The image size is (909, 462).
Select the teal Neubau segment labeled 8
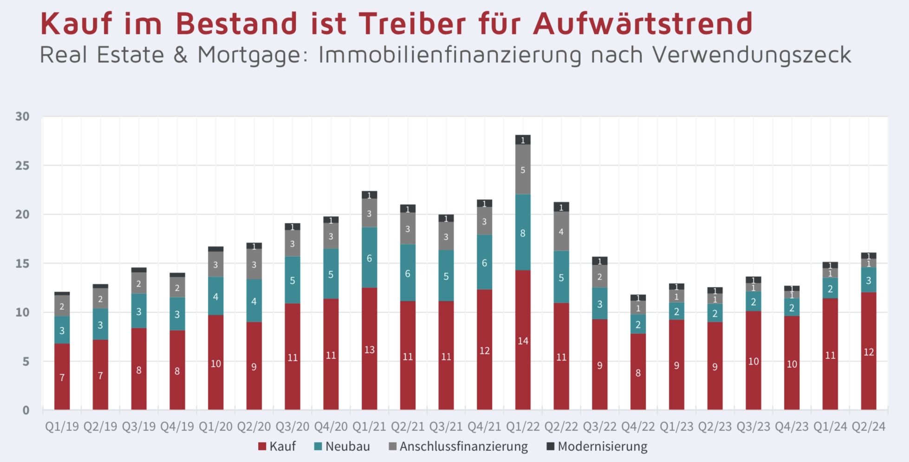(x=523, y=233)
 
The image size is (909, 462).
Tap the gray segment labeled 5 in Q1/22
(x=523, y=169)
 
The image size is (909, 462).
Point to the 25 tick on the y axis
(x=22, y=166)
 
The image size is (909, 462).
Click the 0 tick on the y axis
(x=26, y=410)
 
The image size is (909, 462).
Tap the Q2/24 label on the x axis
(x=868, y=427)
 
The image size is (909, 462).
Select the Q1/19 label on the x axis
(x=62, y=427)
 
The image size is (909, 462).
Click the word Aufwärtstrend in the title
(x=643, y=23)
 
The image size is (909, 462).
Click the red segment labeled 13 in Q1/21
(x=369, y=349)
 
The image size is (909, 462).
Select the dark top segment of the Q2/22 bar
(x=561, y=207)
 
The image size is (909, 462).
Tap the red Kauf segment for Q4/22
(x=638, y=372)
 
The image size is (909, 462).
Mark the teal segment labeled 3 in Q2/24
(x=868, y=280)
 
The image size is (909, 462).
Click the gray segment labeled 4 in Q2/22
(x=561, y=231)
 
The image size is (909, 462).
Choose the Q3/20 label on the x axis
(x=292, y=427)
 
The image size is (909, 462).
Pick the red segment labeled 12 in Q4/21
(x=484, y=350)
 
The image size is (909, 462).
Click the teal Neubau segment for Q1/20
(x=215, y=296)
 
